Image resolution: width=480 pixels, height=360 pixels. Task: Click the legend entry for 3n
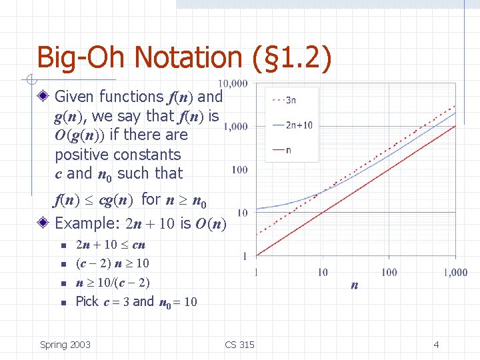coord(284,101)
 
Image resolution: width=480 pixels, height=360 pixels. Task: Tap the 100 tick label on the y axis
coord(239,169)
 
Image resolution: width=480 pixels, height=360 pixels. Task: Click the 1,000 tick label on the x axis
coord(453,272)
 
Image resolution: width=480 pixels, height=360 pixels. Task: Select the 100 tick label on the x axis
coord(389,272)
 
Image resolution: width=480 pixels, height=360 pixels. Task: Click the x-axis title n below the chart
coord(354,285)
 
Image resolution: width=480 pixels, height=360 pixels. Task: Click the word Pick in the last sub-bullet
coord(87,301)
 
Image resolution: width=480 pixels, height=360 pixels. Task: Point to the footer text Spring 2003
coord(65,345)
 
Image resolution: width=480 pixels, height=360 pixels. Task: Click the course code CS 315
coord(239,345)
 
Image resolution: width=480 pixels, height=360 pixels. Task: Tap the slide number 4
coord(436,345)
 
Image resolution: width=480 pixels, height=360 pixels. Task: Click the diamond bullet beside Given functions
coord(43,97)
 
